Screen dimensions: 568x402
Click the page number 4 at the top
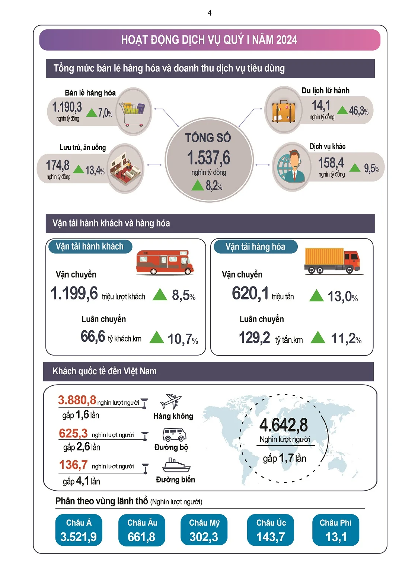(x=210, y=13)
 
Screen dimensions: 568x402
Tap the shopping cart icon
(x=132, y=112)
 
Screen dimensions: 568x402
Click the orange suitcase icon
(x=284, y=111)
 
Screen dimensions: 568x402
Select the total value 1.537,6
(x=209, y=158)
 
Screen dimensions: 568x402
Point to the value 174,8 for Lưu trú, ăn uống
(x=58, y=165)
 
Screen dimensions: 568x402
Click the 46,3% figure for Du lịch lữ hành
(x=359, y=110)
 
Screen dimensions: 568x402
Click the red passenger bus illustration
(x=165, y=262)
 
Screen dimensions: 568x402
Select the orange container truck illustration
(x=332, y=261)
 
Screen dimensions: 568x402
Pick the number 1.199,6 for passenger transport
(x=74, y=293)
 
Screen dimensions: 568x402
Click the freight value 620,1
(x=250, y=293)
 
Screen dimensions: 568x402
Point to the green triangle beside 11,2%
(x=318, y=337)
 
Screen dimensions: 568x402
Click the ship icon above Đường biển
(x=176, y=465)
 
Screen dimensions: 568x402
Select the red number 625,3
(x=73, y=433)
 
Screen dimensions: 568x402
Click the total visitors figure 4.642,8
(x=284, y=425)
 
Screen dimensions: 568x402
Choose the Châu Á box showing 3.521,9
(x=79, y=530)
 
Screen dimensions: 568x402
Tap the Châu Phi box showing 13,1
(x=335, y=530)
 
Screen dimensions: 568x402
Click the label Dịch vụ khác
(x=328, y=146)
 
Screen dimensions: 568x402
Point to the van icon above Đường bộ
(x=174, y=434)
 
